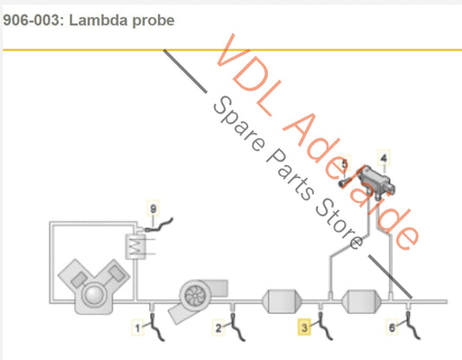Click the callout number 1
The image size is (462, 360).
tap(136, 328)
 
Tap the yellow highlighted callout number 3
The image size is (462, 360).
tap(304, 327)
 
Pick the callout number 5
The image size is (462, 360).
tap(343, 164)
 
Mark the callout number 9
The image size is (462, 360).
tap(153, 209)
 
